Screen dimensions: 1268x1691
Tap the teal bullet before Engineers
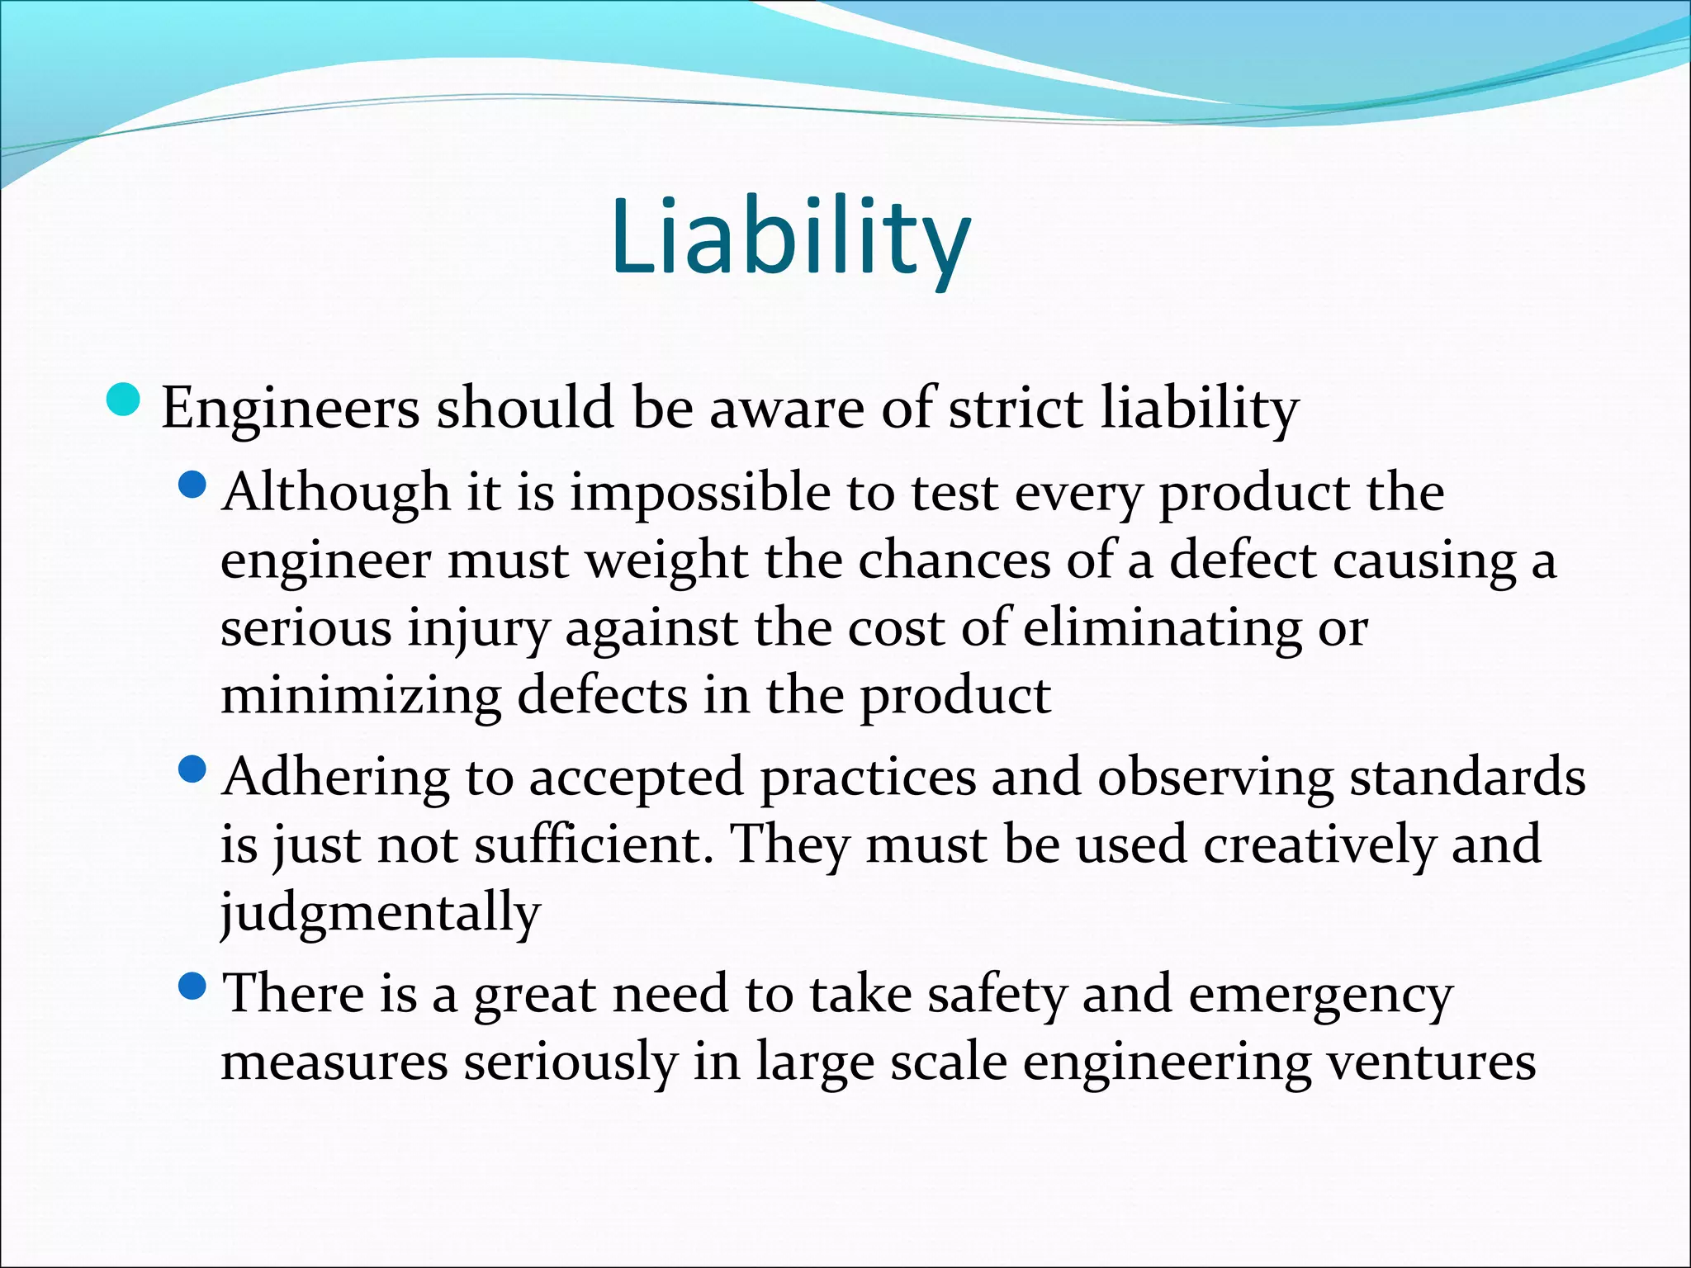tap(125, 400)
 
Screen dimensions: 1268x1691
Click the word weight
tap(666, 561)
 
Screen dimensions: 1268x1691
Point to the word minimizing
tap(361, 695)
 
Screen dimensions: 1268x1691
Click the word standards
tap(1467, 778)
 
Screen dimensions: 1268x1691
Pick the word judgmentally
tap(380, 913)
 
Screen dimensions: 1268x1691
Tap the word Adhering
tap(336, 778)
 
